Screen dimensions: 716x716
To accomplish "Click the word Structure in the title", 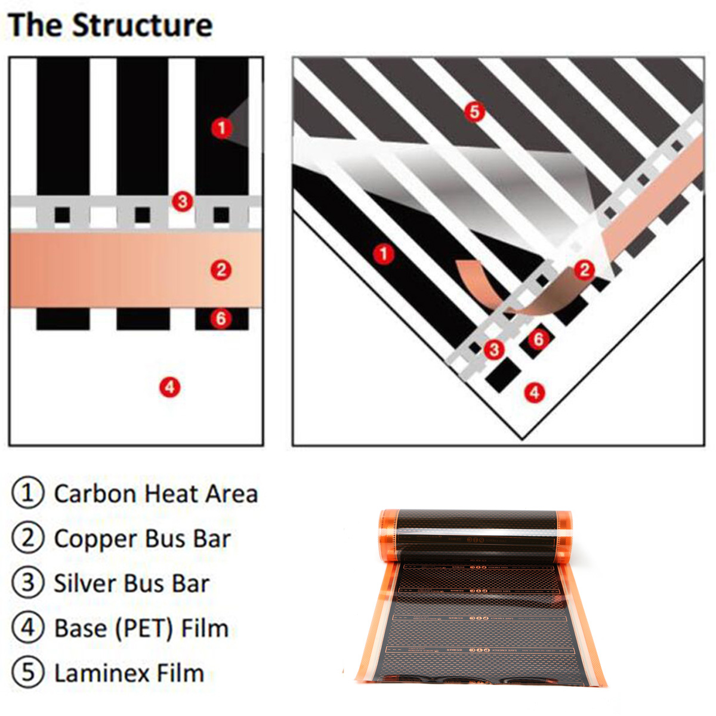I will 143,26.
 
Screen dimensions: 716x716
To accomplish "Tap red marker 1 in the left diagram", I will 221,127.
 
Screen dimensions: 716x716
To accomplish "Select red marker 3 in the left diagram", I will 183,202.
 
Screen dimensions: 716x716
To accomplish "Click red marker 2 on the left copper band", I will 221,270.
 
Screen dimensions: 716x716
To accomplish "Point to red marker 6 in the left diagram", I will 221,318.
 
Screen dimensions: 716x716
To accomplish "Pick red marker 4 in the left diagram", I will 169,387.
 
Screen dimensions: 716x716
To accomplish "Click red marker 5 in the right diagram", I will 474,112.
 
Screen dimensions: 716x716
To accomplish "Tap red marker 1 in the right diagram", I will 383,254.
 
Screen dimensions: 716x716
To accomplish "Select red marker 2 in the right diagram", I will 584,270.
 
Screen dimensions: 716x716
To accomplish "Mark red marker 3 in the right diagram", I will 493,349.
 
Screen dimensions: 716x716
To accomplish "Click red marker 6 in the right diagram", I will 539,339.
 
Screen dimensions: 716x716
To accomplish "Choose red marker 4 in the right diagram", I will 534,392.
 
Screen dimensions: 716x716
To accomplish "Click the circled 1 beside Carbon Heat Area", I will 28,493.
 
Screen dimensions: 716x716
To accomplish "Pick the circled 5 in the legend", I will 28,672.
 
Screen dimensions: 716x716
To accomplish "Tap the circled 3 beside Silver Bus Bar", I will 28,583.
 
